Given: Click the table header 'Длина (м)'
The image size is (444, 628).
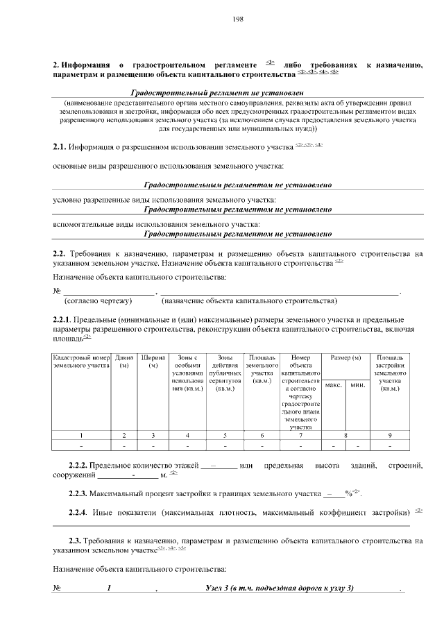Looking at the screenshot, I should point(125,361).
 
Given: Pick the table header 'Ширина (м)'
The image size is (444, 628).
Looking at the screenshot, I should point(153,361).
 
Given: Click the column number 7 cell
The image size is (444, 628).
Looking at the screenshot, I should point(300,435).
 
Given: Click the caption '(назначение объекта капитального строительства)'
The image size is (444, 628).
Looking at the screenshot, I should point(249,301).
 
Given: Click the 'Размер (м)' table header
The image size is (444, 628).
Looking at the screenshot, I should point(345,357).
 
